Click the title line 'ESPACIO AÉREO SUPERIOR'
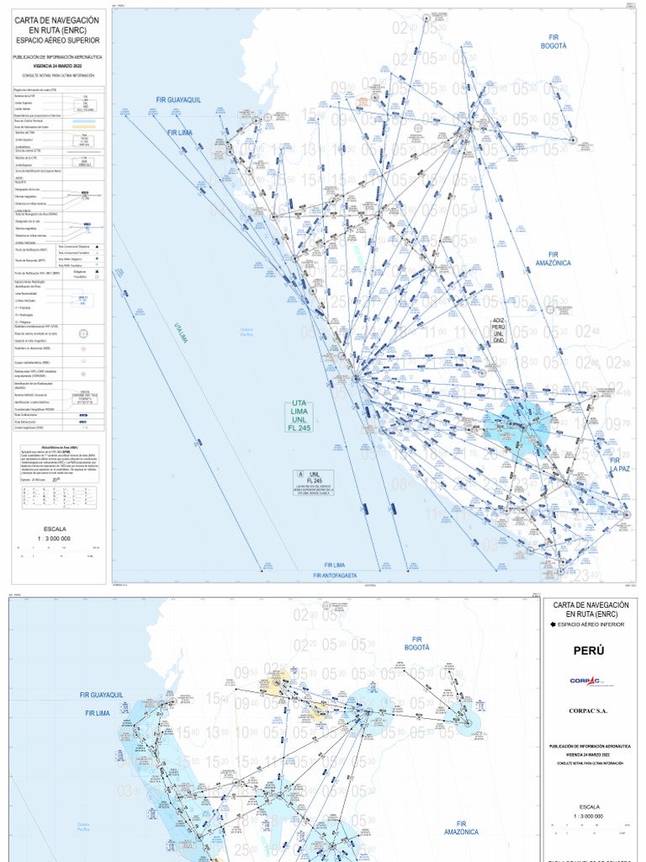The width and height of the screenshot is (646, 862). click(56, 40)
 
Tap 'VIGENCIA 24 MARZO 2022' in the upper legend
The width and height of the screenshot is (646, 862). click(56, 65)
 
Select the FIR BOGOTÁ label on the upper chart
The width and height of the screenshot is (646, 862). click(553, 42)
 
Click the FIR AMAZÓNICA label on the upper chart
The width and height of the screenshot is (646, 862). click(553, 258)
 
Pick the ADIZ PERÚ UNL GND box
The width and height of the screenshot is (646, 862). click(498, 330)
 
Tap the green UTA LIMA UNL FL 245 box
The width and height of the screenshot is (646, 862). click(300, 416)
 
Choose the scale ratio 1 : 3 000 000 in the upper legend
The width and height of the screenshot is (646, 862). click(55, 538)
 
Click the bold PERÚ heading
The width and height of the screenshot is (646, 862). click(589, 652)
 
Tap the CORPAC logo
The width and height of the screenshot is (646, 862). click(589, 681)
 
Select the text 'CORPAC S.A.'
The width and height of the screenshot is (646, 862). click(589, 711)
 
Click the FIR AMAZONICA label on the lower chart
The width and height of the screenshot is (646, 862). click(461, 827)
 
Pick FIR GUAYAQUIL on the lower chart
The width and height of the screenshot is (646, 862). click(101, 695)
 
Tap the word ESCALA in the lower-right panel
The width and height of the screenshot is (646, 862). click(589, 806)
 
